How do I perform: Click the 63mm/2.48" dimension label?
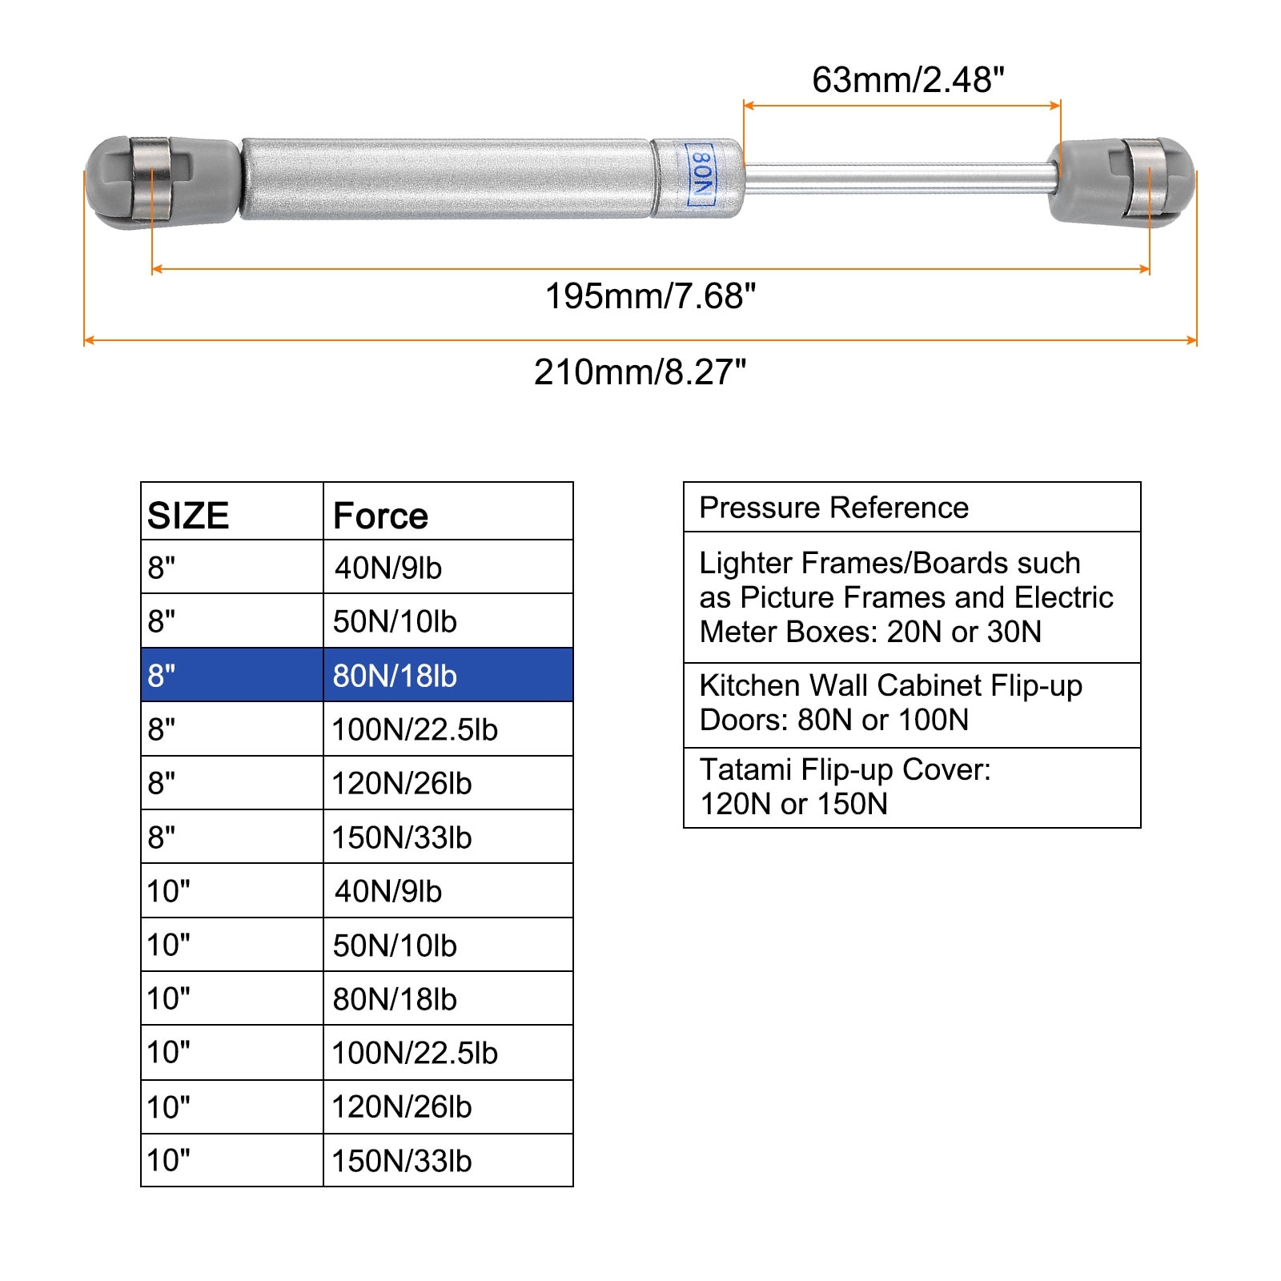click(x=908, y=80)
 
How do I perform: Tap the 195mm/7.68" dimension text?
click(x=650, y=296)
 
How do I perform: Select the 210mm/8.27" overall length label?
click(x=640, y=372)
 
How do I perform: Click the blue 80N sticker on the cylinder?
click(x=700, y=175)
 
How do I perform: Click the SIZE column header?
click(x=188, y=516)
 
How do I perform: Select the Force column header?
click(x=380, y=516)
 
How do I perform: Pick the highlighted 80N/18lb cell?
click(x=395, y=676)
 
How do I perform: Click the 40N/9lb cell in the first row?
click(x=388, y=568)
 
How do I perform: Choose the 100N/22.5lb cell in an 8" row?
click(x=415, y=729)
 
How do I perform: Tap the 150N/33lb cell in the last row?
click(x=402, y=1161)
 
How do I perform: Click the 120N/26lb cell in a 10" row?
click(x=402, y=1107)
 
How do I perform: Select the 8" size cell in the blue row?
click(x=161, y=676)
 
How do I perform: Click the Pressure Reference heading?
click(x=833, y=508)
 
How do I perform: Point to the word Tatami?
click(x=746, y=769)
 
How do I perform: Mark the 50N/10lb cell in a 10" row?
click(x=395, y=946)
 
